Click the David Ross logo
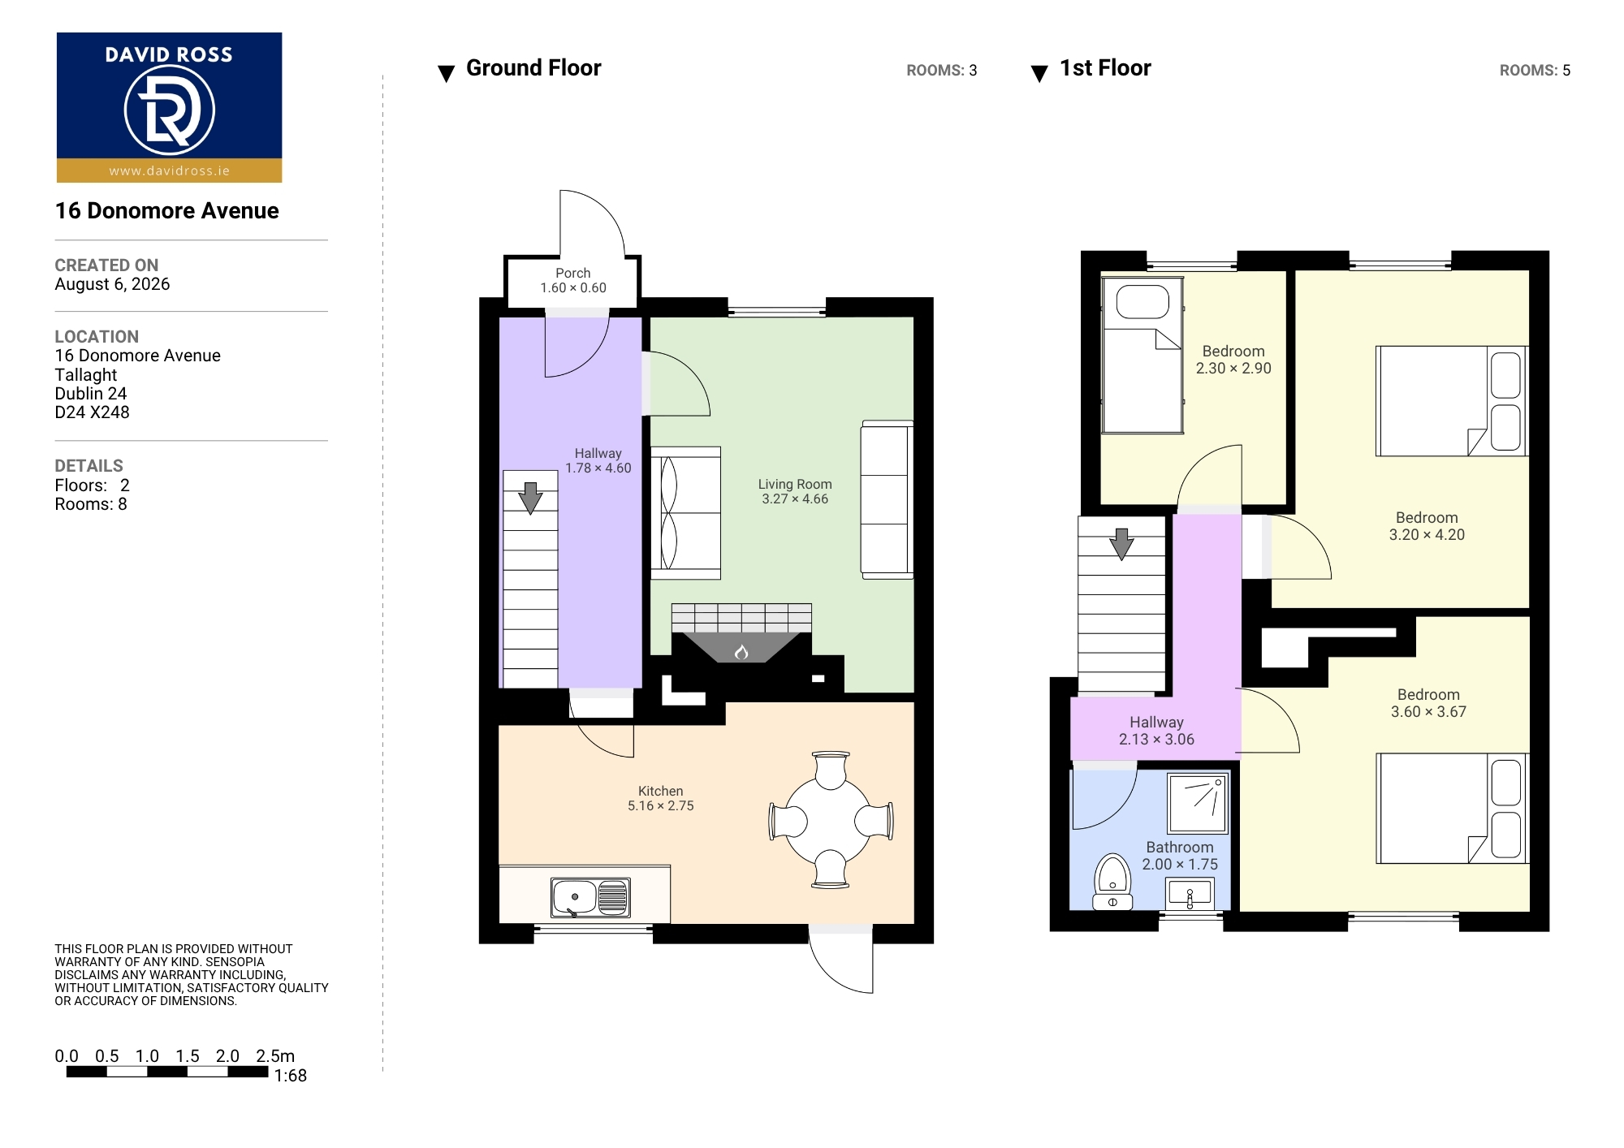[x=169, y=107]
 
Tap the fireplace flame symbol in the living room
[x=741, y=651]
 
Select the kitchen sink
[x=590, y=897]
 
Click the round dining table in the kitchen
[x=831, y=820]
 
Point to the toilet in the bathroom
[x=1112, y=882]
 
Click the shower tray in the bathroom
[x=1198, y=803]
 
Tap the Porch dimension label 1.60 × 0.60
[x=573, y=287]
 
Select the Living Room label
[x=795, y=484]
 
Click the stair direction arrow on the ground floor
[x=530, y=498]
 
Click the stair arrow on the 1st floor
[x=1121, y=544]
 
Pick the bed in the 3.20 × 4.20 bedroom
[x=1452, y=401]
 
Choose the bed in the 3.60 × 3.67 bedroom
[x=1452, y=808]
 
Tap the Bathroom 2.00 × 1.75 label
[x=1180, y=856]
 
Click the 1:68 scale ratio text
[x=290, y=1076]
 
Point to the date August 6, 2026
[x=112, y=284]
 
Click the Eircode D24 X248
[x=92, y=412]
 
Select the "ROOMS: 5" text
[x=1535, y=71]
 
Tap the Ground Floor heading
[x=533, y=68]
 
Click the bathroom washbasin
[x=1190, y=895]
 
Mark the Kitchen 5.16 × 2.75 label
[x=660, y=798]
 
